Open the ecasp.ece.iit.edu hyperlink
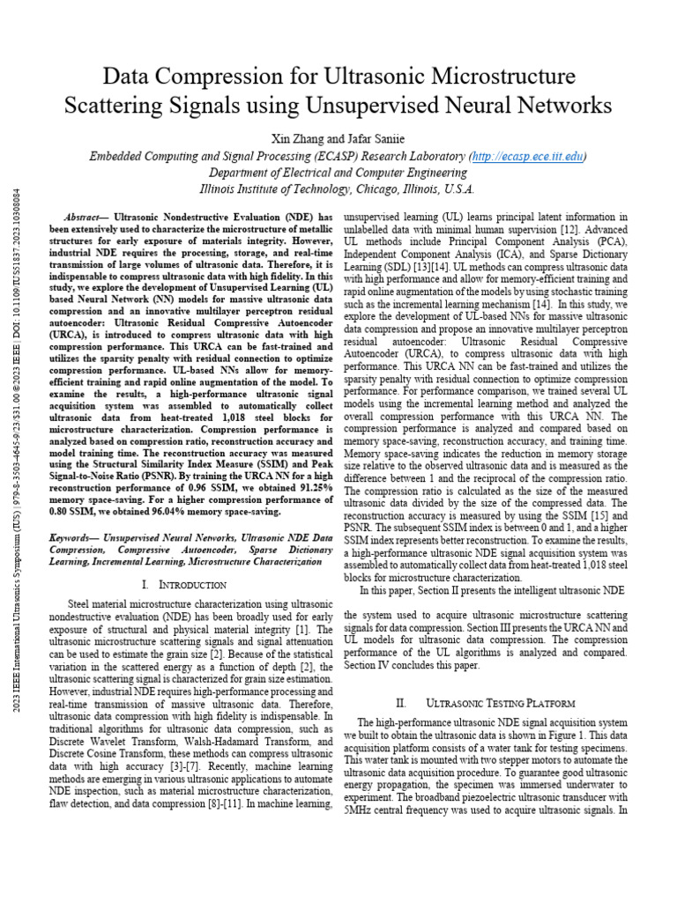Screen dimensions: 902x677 (525, 156)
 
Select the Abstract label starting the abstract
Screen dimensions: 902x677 (89, 217)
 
